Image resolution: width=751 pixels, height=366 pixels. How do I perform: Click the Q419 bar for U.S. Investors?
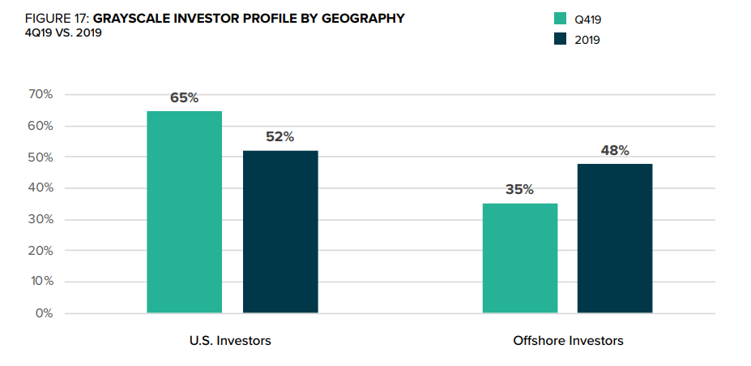184,212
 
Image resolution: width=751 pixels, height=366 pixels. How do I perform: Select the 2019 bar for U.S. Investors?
280,232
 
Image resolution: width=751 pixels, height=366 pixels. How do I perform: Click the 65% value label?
184,98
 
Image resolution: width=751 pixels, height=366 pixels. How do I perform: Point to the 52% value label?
280,137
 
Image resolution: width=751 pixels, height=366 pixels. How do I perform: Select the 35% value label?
520,190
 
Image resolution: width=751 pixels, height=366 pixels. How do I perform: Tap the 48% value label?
615,151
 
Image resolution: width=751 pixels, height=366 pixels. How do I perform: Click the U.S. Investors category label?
224,341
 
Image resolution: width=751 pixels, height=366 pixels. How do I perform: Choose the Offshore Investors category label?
568,341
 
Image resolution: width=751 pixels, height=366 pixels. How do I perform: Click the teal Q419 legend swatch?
560,19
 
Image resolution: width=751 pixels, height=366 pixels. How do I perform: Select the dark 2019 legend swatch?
560,39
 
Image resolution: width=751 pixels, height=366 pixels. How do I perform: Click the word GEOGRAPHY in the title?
359,18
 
